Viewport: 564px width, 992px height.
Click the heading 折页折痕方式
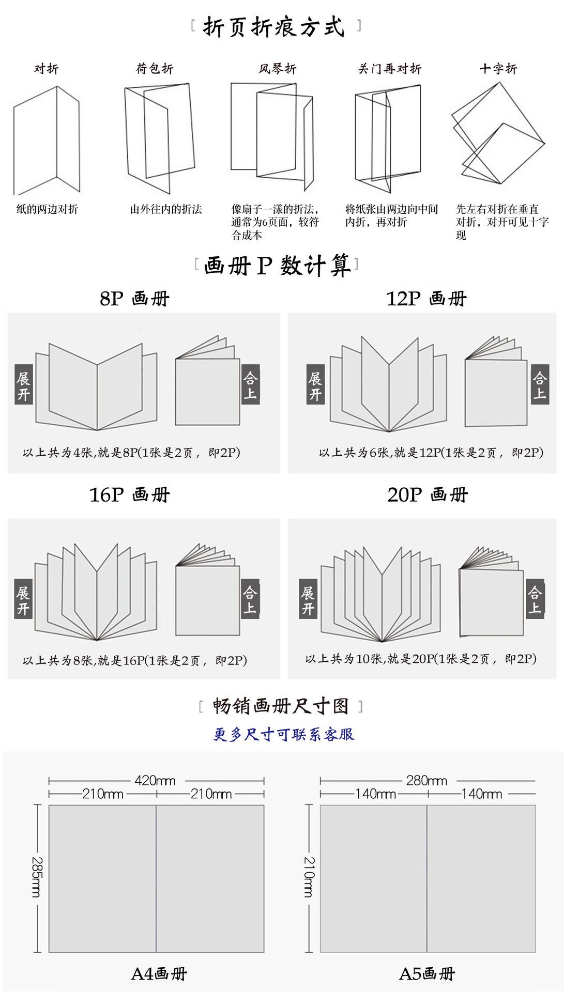click(275, 27)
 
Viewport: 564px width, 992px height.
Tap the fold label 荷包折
click(155, 69)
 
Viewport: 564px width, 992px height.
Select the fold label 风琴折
click(278, 69)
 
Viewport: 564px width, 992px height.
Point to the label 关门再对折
click(390, 69)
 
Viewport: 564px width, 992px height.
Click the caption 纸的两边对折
click(47, 209)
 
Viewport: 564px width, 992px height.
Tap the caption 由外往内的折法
click(165, 209)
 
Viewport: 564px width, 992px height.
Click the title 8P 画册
click(134, 299)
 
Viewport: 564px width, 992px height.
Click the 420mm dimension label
click(155, 780)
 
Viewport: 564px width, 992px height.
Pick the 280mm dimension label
click(426, 780)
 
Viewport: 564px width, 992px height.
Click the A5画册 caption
click(426, 974)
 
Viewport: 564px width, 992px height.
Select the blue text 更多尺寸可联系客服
click(284, 734)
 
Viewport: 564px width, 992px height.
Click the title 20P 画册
click(427, 495)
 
